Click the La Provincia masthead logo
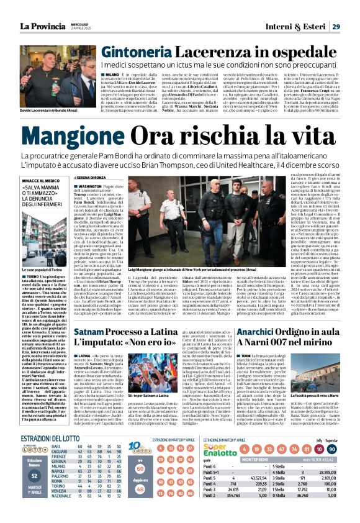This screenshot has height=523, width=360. point(46,26)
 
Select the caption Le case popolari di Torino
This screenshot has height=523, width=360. point(43,253)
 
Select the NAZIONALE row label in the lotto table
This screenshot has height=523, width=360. point(61,514)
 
